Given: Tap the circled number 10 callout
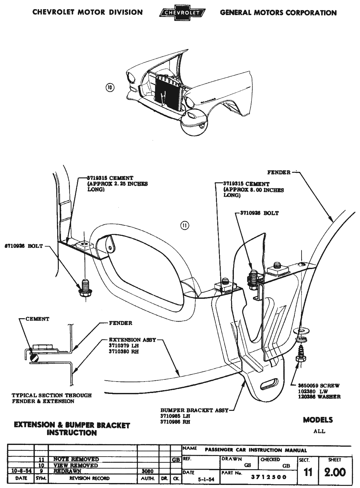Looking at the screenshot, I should coord(110,87).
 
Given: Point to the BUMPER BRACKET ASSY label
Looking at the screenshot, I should coord(194,410).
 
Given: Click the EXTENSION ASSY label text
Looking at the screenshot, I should coord(132,340).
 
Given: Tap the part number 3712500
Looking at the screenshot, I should coord(269,477).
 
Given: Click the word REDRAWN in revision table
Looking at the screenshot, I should coord(67,471).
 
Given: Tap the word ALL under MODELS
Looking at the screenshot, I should coord(319,431).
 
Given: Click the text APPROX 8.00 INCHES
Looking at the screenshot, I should coord(254,190).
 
